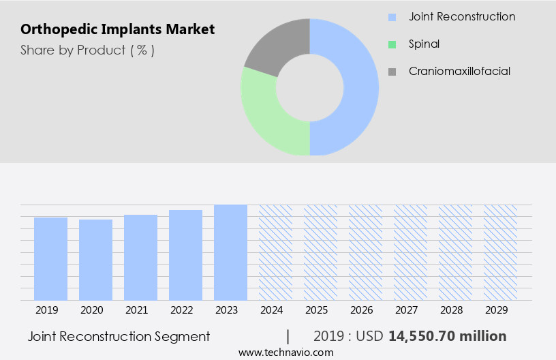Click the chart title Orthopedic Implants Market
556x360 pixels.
tap(118, 29)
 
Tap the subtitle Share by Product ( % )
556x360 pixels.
tap(87, 50)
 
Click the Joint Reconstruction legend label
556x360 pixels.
tap(462, 16)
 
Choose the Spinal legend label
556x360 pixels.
tap(424, 44)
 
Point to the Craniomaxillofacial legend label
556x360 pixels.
tap(459, 71)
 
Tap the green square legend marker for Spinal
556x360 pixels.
tap(392, 44)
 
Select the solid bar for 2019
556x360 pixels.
tap(50, 259)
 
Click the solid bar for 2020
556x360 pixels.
tap(95, 260)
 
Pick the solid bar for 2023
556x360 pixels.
tap(230, 252)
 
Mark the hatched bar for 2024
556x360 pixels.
tap(275, 252)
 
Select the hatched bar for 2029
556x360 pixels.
tap(500, 252)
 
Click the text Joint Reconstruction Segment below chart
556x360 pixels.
tap(119, 336)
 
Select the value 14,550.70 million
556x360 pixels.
tap(447, 336)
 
